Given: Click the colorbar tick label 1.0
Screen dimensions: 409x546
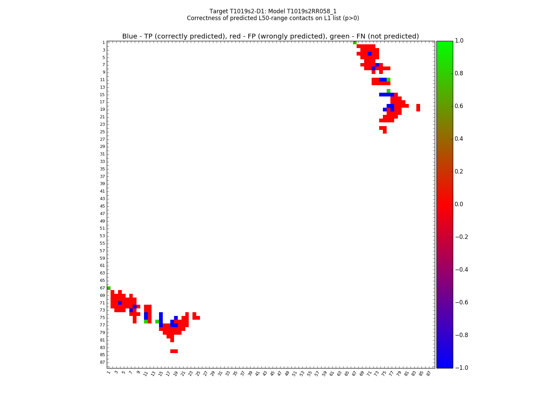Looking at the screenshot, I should pyautogui.click(x=459, y=41).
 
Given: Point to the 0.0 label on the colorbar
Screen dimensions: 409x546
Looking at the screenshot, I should pyautogui.click(x=459, y=204).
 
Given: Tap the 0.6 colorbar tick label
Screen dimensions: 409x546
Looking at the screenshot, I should pyautogui.click(x=459, y=106).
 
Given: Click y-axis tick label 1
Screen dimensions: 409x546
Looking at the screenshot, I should pyautogui.click(x=103, y=43).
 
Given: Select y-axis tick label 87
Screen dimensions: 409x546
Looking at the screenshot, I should pyautogui.click(x=102, y=362).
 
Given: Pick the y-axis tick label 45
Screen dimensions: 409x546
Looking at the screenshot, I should pyautogui.click(x=102, y=206).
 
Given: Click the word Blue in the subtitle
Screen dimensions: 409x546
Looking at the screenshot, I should pyautogui.click(x=130, y=36).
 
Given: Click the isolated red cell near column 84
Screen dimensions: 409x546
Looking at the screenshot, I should pyautogui.click(x=418, y=108).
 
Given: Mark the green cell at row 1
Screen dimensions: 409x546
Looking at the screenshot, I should pyautogui.click(x=355, y=43).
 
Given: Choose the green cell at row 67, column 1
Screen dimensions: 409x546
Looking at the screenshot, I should pyautogui.click(x=109, y=288).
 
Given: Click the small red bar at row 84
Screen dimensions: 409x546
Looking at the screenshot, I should pyautogui.click(x=174, y=351).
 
